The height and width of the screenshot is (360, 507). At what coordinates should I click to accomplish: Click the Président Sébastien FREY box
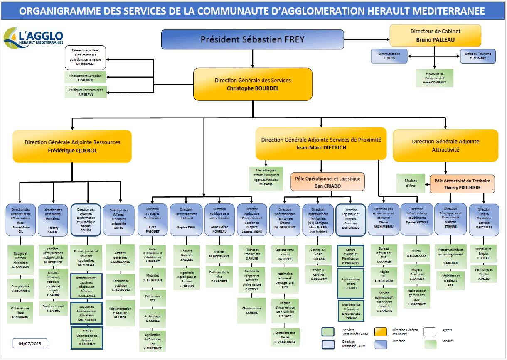pos(252,40)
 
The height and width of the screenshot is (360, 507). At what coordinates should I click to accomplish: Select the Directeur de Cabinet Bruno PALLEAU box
pos(435,35)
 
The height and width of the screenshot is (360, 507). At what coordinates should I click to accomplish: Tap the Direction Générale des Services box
pos(253,84)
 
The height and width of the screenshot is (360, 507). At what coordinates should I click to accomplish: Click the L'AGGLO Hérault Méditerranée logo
pos(33,37)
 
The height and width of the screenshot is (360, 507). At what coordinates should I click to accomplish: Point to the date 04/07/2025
pos(30,343)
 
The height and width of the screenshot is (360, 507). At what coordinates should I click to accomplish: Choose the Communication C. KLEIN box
pos(389,56)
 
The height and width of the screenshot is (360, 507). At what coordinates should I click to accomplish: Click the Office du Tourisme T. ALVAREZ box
pos(478,56)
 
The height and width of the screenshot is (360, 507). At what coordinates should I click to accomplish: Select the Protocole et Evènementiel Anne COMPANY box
pos(434,78)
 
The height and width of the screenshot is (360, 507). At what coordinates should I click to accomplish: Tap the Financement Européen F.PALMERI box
pos(85,77)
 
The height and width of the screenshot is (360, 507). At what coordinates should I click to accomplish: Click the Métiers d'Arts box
pos(410,183)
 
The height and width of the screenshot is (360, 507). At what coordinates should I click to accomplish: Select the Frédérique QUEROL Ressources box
pos(72,146)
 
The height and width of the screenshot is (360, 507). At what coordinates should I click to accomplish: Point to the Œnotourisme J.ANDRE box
pos(252,310)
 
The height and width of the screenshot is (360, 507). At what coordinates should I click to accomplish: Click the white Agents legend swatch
pos(430,331)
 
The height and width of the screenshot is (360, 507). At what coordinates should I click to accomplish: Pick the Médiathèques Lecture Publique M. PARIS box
pos(266,178)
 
